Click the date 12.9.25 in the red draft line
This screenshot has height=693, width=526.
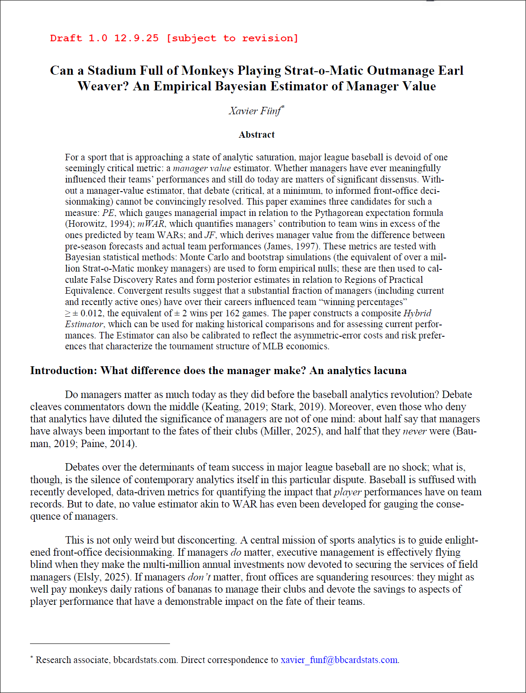(136, 38)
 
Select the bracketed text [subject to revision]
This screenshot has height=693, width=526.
(232, 38)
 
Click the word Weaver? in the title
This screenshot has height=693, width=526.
(103, 86)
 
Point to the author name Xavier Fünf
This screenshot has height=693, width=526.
(255, 111)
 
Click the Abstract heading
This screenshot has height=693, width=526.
(256, 135)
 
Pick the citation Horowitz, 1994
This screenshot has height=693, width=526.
(100, 224)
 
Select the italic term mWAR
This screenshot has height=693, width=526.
(151, 224)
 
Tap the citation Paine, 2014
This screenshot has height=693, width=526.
(107, 444)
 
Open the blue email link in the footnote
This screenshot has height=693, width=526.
(339, 660)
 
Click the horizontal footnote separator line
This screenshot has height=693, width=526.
(100, 643)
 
